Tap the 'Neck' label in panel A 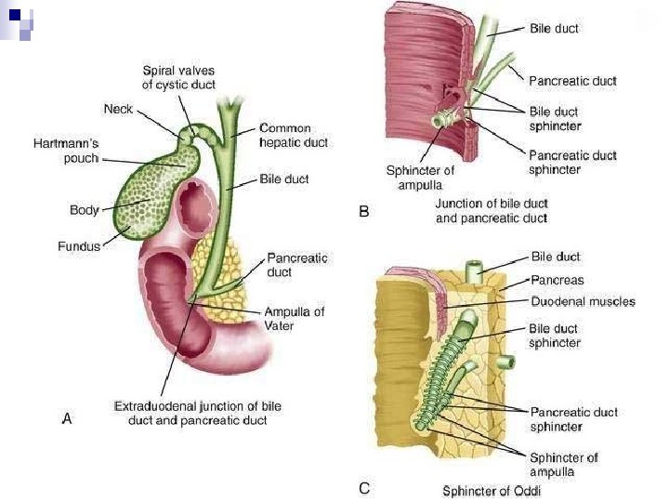coord(118,109)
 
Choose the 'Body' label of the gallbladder coord(84,210)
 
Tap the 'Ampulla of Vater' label coord(294,319)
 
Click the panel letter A coord(67,419)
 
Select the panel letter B coord(364,212)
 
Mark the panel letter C coord(364,486)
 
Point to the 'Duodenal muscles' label coord(583,301)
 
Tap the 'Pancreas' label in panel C coord(557,279)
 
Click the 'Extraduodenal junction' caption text coord(197,414)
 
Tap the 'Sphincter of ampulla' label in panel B coord(420,178)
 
